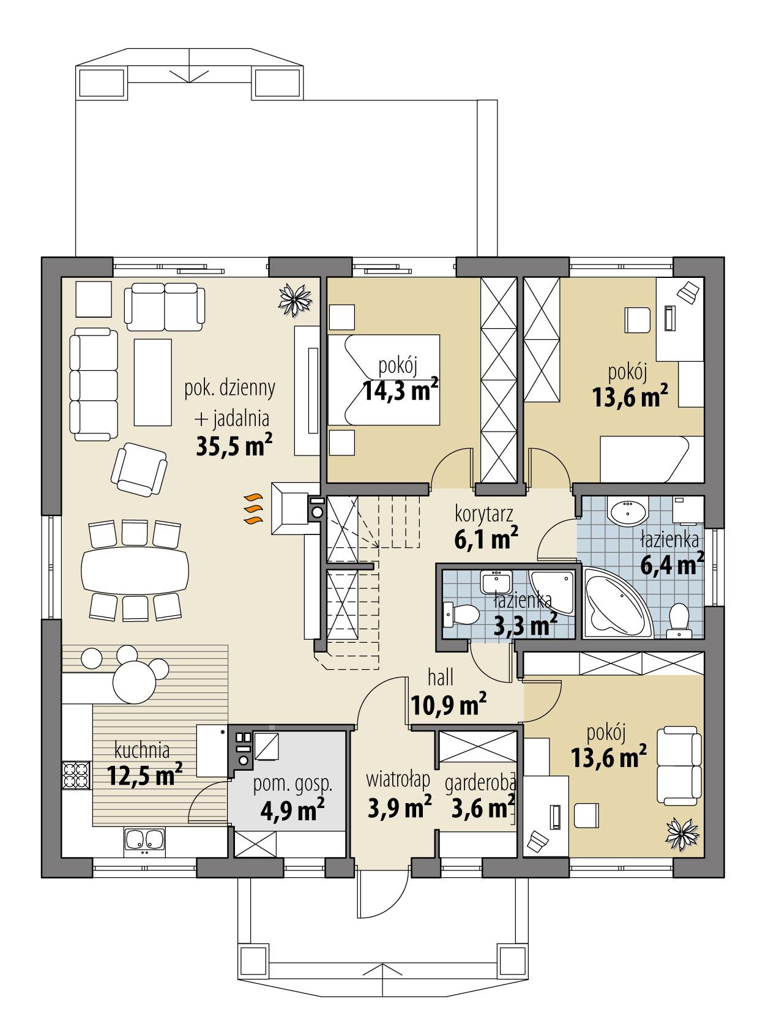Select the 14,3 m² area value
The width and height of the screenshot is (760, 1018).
point(400,390)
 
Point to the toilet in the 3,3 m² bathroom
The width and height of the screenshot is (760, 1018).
point(463,614)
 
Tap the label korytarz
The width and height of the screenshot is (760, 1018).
point(483,512)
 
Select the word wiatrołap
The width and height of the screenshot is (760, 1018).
point(398,779)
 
